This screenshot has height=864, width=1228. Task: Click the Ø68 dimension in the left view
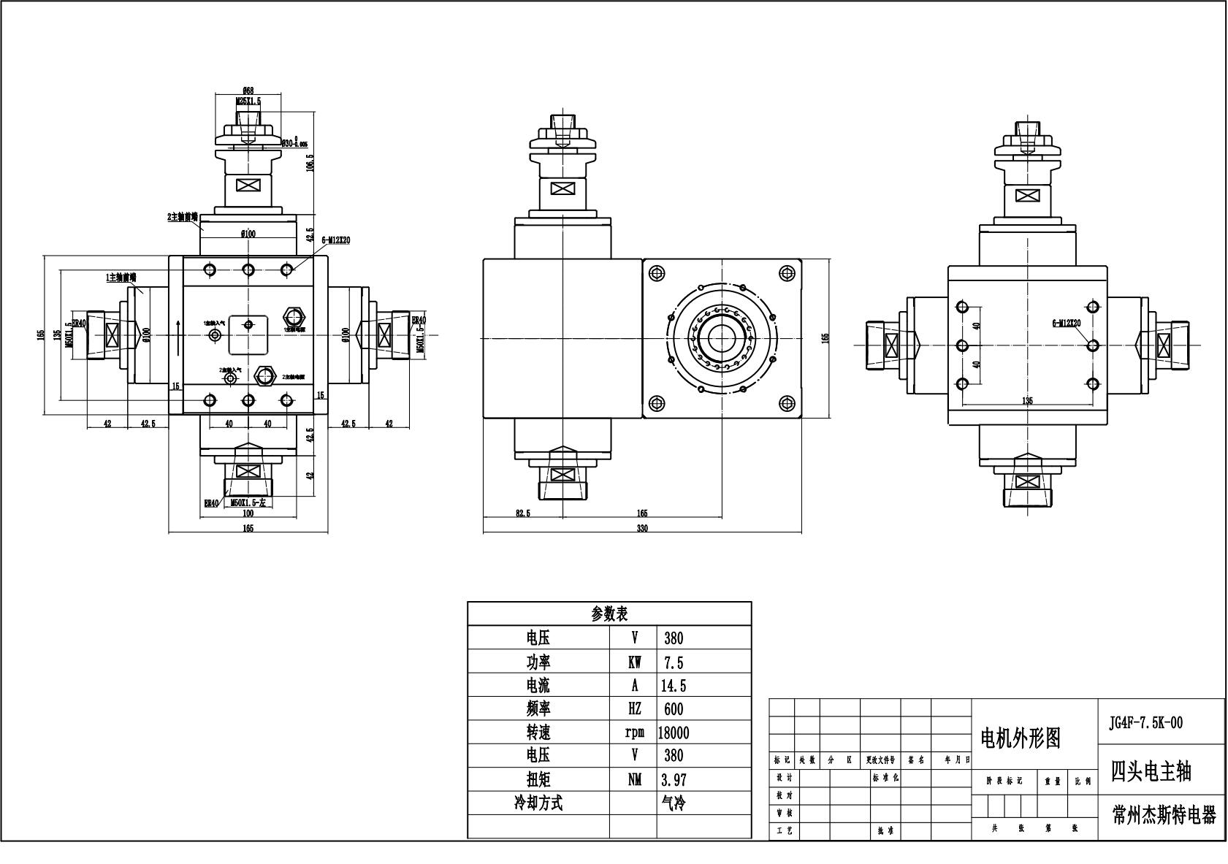click(x=248, y=91)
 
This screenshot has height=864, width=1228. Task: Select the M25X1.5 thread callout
click(x=248, y=102)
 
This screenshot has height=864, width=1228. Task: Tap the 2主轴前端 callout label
click(x=183, y=217)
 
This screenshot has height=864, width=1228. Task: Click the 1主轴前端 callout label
click(x=121, y=278)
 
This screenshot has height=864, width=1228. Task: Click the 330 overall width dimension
click(x=642, y=528)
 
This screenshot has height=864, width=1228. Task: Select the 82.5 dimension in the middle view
click(x=523, y=513)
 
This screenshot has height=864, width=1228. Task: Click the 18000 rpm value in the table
click(x=674, y=733)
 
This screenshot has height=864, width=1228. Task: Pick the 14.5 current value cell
click(x=674, y=686)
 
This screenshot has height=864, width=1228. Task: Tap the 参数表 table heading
click(x=609, y=613)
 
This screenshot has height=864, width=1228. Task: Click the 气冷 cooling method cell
click(x=674, y=803)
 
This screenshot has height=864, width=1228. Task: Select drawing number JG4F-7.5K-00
click(x=1145, y=723)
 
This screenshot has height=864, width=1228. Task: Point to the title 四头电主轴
click(x=1151, y=771)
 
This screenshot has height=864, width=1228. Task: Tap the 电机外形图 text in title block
click(x=1020, y=738)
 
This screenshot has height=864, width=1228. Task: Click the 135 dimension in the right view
click(x=1027, y=400)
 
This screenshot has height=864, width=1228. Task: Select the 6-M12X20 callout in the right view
click(x=1066, y=322)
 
